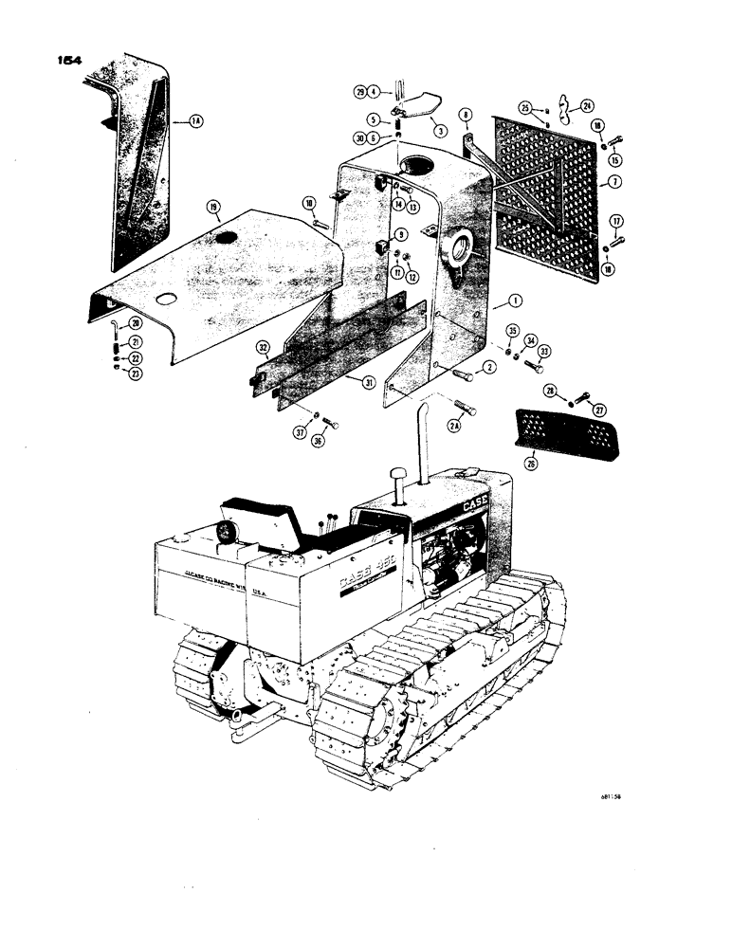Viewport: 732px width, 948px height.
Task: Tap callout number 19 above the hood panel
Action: (214, 205)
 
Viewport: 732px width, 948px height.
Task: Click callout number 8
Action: (466, 116)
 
